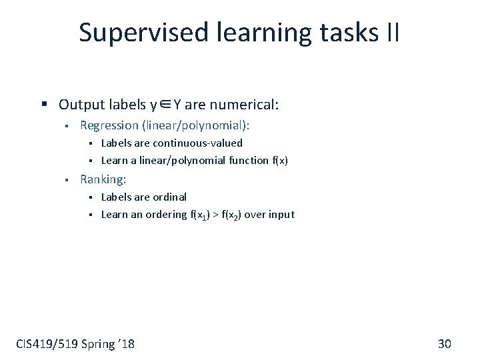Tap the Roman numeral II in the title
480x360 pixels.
point(392,32)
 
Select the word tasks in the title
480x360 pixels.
point(347,32)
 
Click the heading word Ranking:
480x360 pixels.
point(103,179)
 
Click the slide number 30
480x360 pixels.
point(445,344)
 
